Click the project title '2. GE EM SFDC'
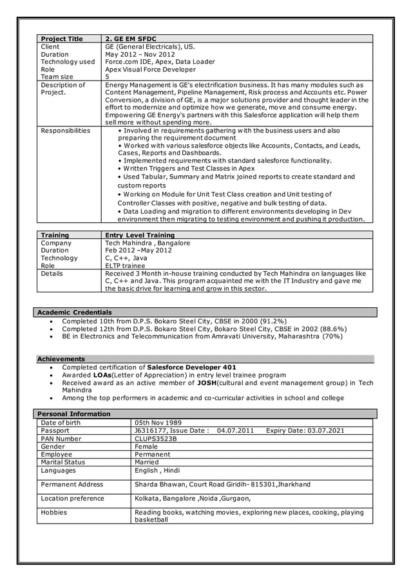tap(131, 39)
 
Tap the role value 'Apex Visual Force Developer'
tap(150, 70)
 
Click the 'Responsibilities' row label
tap(65, 131)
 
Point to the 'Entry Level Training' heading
tap(140, 235)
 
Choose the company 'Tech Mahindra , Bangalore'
tap(148, 243)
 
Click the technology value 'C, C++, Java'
tap(126, 258)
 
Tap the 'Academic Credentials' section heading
tap(74, 312)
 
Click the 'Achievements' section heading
tap(61, 359)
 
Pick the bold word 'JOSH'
tap(209, 383)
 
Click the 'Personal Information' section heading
tap(74, 414)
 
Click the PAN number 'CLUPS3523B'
tap(155, 439)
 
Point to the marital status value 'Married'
tap(148, 462)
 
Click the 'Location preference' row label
tap(72, 499)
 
